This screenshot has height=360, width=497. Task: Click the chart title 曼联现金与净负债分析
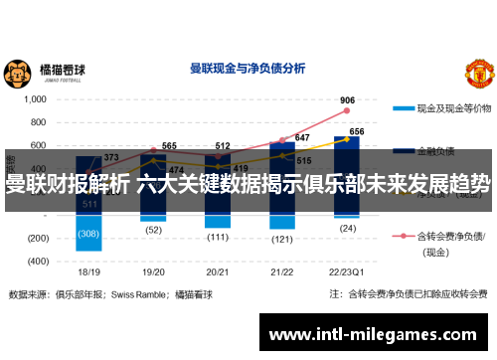(x=247, y=69)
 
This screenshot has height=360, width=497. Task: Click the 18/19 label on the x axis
(x=88, y=271)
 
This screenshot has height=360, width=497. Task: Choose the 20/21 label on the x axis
(x=218, y=271)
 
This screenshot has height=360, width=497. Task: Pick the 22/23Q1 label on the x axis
(x=345, y=271)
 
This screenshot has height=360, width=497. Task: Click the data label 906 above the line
(x=347, y=100)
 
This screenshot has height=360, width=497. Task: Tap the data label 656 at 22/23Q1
(x=357, y=131)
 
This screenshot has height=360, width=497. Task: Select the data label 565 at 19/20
(x=169, y=146)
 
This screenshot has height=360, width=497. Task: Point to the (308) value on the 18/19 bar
(x=89, y=234)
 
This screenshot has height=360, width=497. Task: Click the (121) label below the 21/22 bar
(x=282, y=239)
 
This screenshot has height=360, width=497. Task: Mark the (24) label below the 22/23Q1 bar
(x=347, y=227)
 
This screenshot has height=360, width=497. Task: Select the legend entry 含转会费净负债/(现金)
(x=452, y=243)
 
